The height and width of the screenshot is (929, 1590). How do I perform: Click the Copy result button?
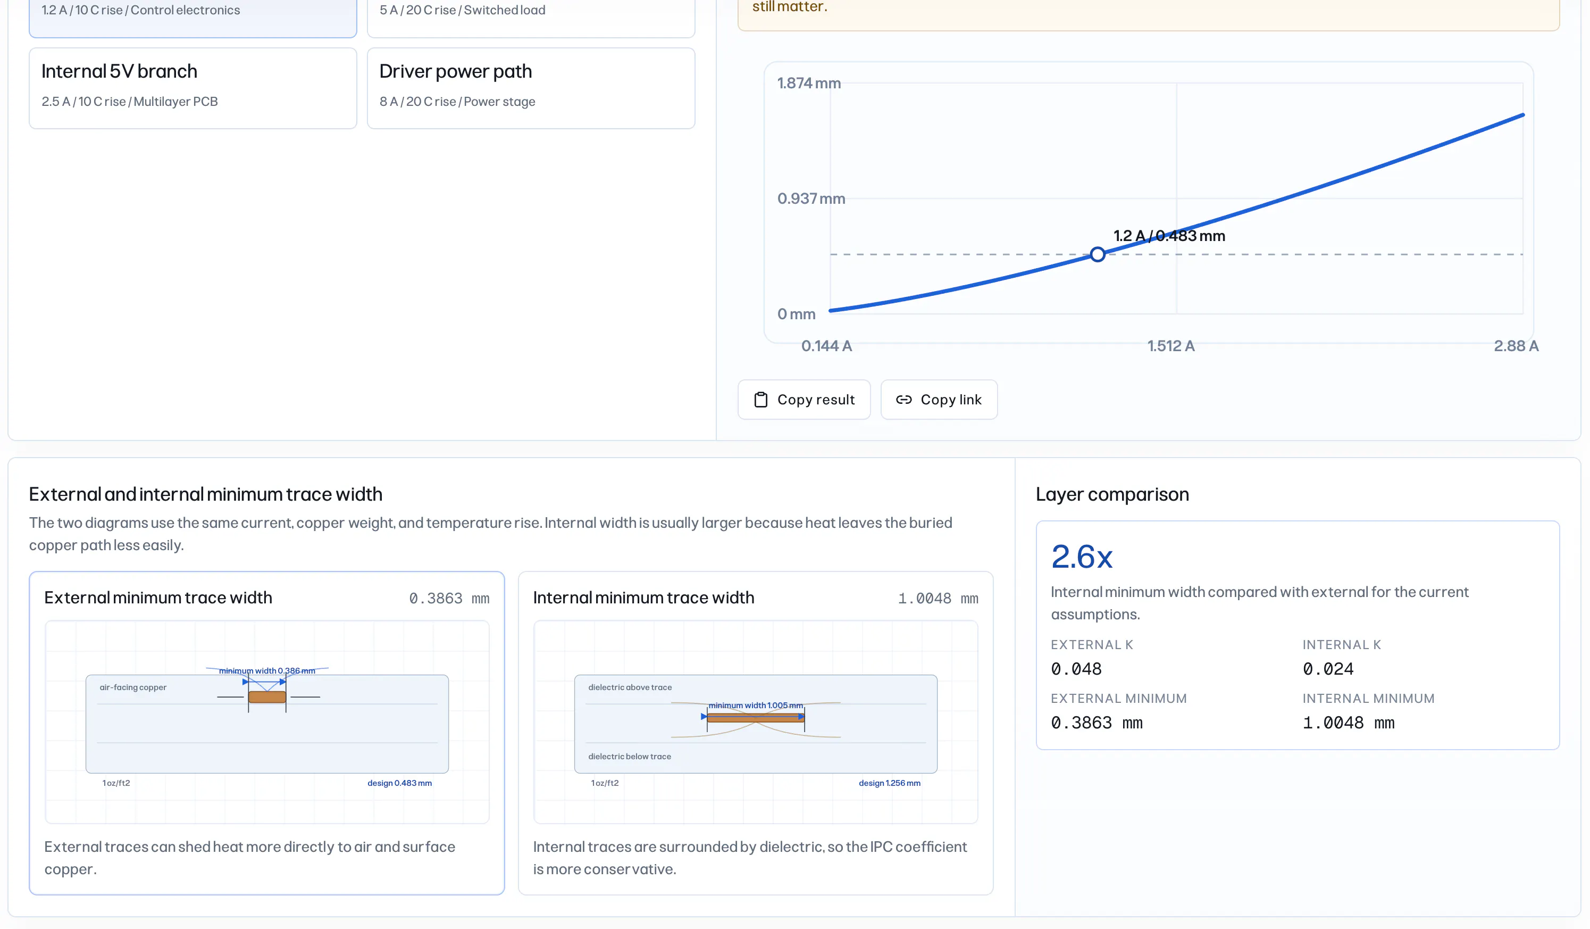pyautogui.click(x=804, y=400)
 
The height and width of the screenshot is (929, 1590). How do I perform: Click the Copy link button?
pyautogui.click(x=939, y=400)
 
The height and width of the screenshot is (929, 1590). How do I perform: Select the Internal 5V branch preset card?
pyautogui.click(x=193, y=88)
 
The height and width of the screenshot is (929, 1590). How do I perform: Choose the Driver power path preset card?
pyautogui.click(x=531, y=88)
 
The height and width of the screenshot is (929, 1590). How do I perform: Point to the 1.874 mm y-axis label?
pyautogui.click(x=809, y=84)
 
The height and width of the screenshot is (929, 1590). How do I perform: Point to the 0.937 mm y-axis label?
pyautogui.click(x=811, y=199)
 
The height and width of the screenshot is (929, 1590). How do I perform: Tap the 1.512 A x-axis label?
pyautogui.click(x=1170, y=346)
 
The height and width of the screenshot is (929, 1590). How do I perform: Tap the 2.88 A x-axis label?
pyautogui.click(x=1516, y=346)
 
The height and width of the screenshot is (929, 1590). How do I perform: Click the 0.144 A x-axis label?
pyautogui.click(x=826, y=346)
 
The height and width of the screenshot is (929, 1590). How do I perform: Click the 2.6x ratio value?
pyautogui.click(x=1082, y=557)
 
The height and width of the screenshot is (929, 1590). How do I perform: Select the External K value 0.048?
pyautogui.click(x=1076, y=669)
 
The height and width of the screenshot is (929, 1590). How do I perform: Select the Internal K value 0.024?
pyautogui.click(x=1328, y=669)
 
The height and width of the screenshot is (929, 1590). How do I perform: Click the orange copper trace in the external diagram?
pyautogui.click(x=267, y=697)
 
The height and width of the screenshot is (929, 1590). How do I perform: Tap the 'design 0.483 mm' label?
pyautogui.click(x=399, y=783)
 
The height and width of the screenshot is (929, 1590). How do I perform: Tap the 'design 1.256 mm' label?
pyautogui.click(x=890, y=783)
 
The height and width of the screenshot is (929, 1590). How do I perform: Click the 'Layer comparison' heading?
pyautogui.click(x=1112, y=494)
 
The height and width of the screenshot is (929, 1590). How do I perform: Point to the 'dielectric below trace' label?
pyautogui.click(x=630, y=757)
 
